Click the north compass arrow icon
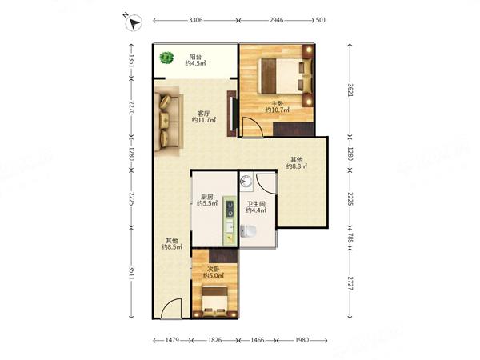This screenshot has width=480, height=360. click(x=134, y=22)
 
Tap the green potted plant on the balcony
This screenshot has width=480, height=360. click(x=166, y=58)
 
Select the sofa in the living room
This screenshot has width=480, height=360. click(x=168, y=121)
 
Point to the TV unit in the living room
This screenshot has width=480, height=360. click(x=232, y=114)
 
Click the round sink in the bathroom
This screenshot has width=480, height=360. click(x=246, y=182)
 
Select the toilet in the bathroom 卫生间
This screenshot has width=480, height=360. click(x=248, y=231)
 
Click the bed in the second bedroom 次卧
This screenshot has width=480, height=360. click(x=215, y=302)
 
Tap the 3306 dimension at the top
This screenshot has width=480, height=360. click(x=196, y=20)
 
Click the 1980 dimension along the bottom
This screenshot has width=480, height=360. click(x=302, y=340)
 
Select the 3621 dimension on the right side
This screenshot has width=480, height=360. click(x=350, y=90)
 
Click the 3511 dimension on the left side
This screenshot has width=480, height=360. click(x=131, y=273)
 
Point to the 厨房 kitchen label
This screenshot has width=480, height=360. click(x=207, y=197)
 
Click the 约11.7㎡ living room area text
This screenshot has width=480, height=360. click(x=204, y=120)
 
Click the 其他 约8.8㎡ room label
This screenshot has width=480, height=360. click(x=297, y=163)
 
